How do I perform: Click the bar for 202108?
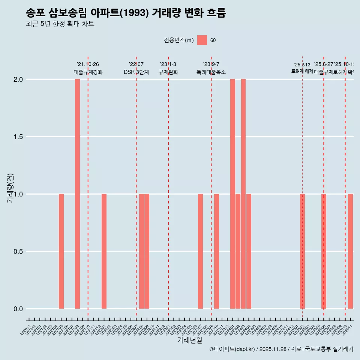[77, 194]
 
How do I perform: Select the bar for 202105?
[61, 251]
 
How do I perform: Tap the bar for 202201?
[104, 251]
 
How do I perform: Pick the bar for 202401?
[232, 194]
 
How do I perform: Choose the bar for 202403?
[243, 194]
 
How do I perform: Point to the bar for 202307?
[200, 251]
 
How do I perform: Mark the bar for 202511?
[350, 251]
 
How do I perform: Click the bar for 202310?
[216, 251]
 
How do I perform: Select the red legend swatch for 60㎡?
[202, 40]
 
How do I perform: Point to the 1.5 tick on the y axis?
[18, 137]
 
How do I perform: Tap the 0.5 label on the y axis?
[18, 252]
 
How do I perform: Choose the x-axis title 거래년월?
[189, 340]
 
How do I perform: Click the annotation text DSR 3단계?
[136, 72]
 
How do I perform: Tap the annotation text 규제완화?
[168, 72]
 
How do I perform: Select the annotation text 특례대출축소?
[211, 72]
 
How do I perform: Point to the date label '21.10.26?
[88, 64]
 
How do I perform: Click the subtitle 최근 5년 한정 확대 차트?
[60, 24]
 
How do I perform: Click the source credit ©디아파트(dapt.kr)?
[232, 349]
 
